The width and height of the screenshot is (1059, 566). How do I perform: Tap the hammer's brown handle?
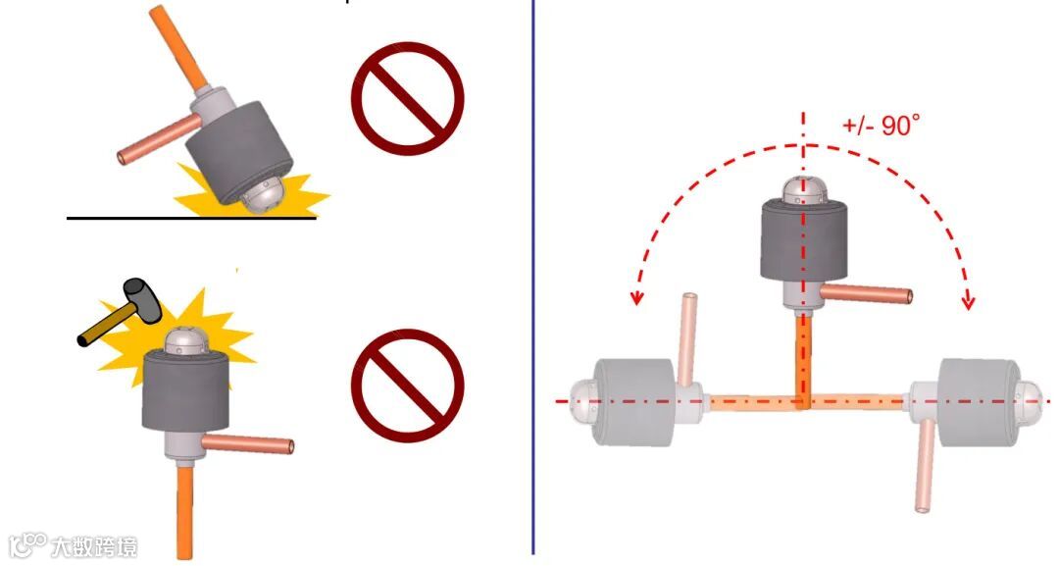(107, 324)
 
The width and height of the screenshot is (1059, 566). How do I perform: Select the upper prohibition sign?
(407, 99)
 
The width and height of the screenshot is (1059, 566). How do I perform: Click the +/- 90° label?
(882, 125)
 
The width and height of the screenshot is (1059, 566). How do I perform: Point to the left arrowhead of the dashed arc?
(635, 297)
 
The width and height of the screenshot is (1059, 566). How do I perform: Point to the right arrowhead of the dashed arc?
(969, 300)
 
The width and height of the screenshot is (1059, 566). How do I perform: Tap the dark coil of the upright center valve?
(804, 240)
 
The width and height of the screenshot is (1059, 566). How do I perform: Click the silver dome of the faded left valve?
(583, 402)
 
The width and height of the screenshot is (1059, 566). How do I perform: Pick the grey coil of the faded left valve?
(634, 402)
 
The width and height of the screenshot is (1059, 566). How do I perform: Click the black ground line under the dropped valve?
(191, 218)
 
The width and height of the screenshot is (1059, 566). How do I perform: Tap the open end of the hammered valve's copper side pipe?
(290, 446)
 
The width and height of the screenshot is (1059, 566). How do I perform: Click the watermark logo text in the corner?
(73, 545)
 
